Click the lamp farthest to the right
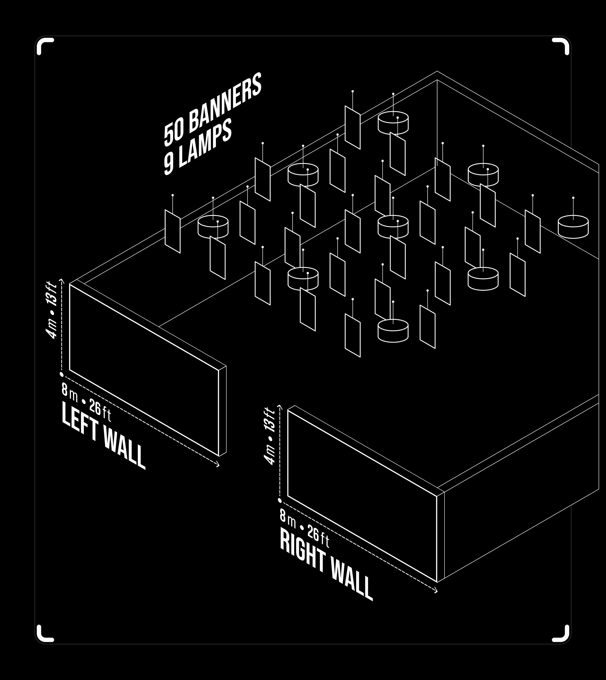tap(573, 227)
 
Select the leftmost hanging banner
tap(172, 232)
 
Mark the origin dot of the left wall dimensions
tap(62, 375)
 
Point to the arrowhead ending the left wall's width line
tap(218, 465)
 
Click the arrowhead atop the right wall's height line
tap(280, 407)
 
